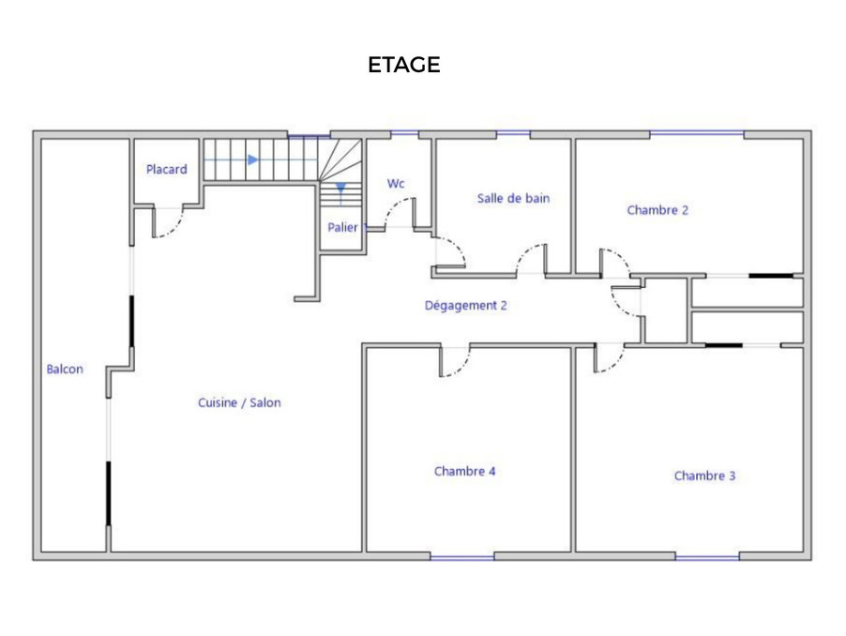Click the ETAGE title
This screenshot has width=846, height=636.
403,65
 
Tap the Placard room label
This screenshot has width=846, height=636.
167,170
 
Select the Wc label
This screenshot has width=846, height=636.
396,184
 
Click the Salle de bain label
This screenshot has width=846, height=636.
513,199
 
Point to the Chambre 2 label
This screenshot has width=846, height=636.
657,210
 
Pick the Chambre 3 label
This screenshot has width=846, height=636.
704,476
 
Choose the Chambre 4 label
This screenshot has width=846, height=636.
464,472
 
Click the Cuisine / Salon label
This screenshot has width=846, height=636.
239,402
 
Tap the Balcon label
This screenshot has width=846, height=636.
65,369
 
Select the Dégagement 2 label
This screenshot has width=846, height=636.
465,306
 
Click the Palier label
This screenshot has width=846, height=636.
342,228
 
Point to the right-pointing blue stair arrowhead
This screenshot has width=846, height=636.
253,159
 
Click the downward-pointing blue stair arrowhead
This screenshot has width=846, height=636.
340,189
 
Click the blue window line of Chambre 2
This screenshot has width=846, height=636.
697,133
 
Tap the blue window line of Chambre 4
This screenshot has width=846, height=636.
462,557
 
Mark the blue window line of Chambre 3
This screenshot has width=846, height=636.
707,557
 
